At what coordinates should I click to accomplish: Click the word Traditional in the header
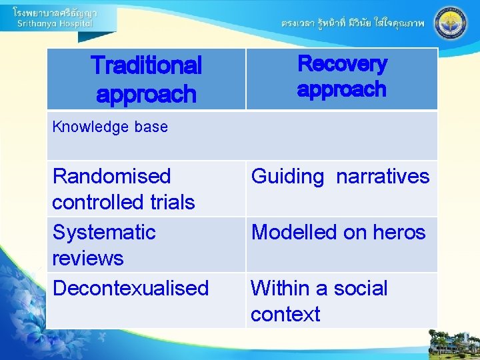pyautogui.click(x=146, y=65)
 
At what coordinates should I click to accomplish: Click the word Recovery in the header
pyautogui.click(x=342, y=63)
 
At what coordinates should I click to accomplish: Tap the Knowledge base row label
pyautogui.click(x=110, y=127)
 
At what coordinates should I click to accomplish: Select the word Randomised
pyautogui.click(x=111, y=176)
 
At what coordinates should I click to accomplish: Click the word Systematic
pyautogui.click(x=104, y=232)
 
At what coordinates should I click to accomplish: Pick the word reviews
pyautogui.click(x=88, y=258)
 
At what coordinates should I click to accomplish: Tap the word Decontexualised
pyautogui.click(x=131, y=288)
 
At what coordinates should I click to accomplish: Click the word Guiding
pyautogui.click(x=287, y=177)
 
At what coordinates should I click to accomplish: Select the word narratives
pyautogui.click(x=383, y=176)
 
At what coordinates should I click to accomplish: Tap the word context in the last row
pyautogui.click(x=285, y=314)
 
